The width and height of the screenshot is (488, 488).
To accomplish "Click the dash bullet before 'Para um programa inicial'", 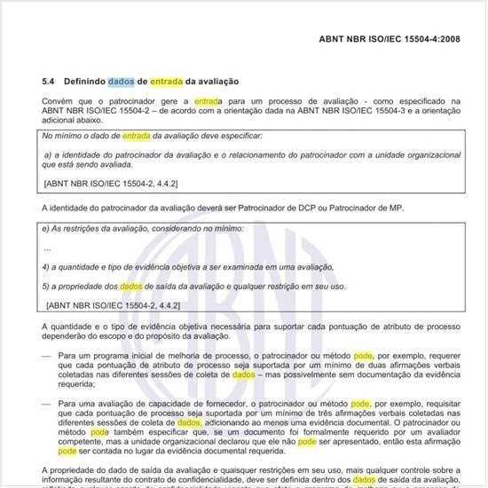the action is [48, 355].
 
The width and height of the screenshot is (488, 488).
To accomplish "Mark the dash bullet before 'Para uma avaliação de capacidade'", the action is [48, 403].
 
